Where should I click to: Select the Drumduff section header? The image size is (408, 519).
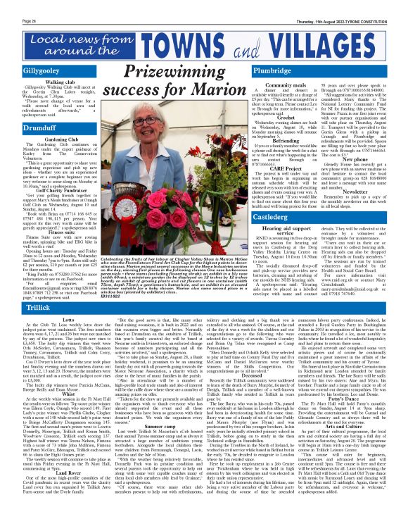pos(22,127)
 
